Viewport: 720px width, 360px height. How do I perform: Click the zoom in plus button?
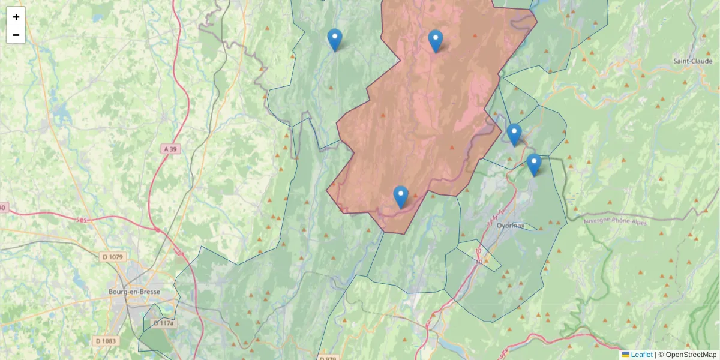click(x=16, y=16)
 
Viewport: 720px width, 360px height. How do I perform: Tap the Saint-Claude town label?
click(x=692, y=61)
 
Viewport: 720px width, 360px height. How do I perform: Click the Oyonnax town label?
click(x=511, y=226)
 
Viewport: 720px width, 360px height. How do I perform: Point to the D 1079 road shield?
click(x=112, y=257)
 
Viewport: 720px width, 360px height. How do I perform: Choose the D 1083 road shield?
click(x=106, y=341)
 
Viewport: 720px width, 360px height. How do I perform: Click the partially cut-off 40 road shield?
click(x=3, y=208)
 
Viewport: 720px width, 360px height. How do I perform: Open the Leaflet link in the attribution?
click(x=641, y=355)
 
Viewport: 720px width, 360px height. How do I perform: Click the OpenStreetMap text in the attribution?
click(x=691, y=355)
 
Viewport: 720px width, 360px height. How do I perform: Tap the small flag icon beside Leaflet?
click(x=625, y=355)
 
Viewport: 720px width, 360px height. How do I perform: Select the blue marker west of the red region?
click(x=335, y=40)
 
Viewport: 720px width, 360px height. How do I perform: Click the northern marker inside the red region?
click(x=436, y=41)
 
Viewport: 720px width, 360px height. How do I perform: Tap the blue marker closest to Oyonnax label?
click(x=533, y=165)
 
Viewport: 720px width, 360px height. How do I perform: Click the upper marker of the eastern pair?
click(x=514, y=135)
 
